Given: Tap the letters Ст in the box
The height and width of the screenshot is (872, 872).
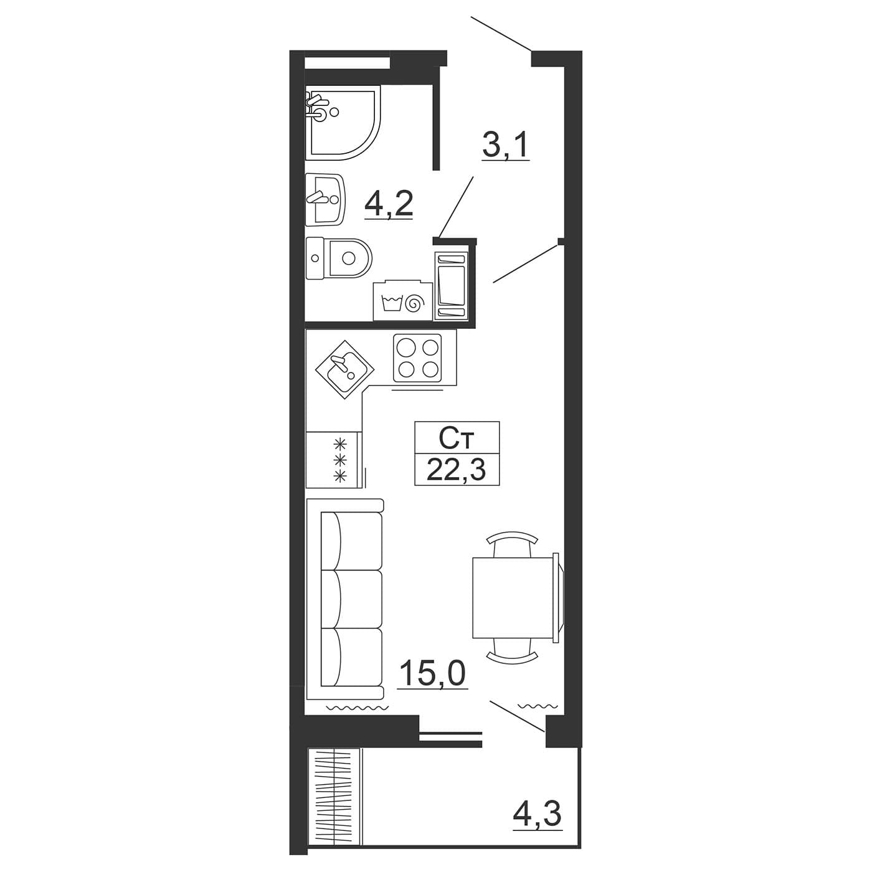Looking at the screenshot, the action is click(x=457, y=439).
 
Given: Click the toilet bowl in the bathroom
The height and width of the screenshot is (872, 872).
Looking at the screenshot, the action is click(x=338, y=258).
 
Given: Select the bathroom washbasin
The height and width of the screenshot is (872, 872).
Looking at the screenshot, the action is click(x=326, y=199).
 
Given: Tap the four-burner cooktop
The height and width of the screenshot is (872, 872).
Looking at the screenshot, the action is click(x=417, y=358).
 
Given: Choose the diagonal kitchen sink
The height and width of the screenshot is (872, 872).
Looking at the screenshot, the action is click(x=345, y=369).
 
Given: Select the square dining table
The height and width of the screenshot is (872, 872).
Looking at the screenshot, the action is click(x=513, y=598).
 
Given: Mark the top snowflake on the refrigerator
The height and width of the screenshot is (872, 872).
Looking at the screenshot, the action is click(x=339, y=443).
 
